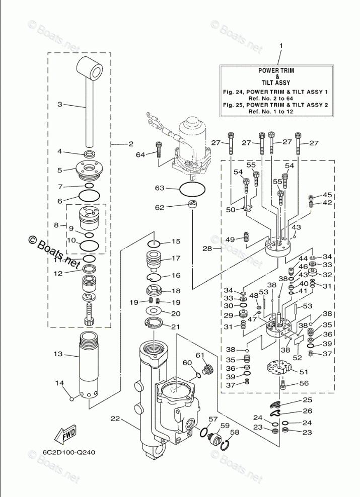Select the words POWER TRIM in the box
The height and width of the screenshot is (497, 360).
(x=277, y=70)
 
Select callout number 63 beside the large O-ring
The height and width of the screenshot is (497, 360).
(x=160, y=188)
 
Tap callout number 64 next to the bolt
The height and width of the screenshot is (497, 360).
(x=140, y=155)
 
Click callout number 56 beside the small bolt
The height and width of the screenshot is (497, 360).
(x=304, y=383)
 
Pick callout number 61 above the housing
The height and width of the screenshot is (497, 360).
(x=200, y=356)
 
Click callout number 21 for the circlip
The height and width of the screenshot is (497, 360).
(x=175, y=327)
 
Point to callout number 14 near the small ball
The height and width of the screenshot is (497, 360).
(x=60, y=383)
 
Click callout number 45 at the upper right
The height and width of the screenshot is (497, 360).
(x=327, y=195)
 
